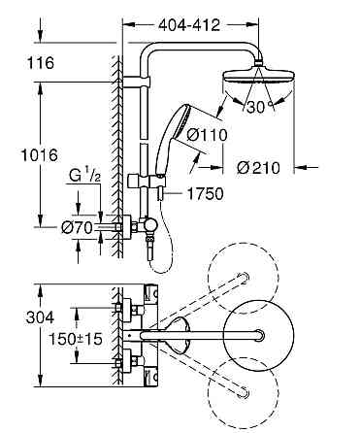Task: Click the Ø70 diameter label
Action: click(x=77, y=229)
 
